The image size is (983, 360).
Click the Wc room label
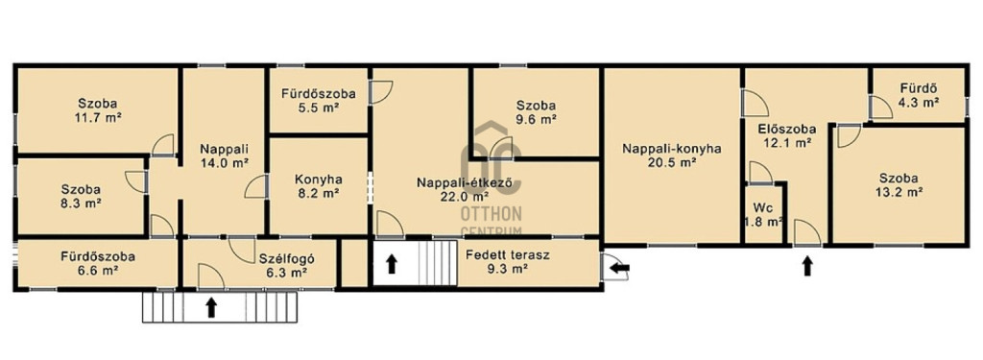click(x=762, y=207)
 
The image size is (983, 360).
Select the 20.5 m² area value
click(x=672, y=162)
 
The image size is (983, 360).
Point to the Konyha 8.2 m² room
click(x=317, y=185)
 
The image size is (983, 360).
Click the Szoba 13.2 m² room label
click(x=899, y=184)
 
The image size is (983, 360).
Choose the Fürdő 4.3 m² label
click(x=919, y=95)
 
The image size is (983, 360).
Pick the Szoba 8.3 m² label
click(x=82, y=196)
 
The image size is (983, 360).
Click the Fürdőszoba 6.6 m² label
click(x=98, y=263)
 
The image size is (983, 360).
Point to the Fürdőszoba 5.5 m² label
click(x=318, y=101)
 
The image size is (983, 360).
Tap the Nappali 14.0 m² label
click(x=225, y=156)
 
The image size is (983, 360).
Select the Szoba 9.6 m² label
click(x=536, y=111)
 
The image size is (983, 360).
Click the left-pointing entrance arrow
click(x=620, y=269)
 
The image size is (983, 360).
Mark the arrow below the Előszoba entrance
click(x=807, y=266)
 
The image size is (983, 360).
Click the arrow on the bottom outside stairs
click(x=211, y=306)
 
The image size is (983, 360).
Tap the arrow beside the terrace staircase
click(x=392, y=263)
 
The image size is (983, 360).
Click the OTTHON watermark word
click(x=491, y=215)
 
